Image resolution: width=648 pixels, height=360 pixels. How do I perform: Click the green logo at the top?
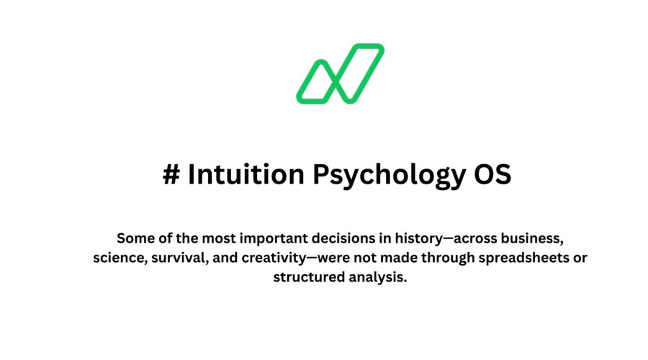tap(340, 73)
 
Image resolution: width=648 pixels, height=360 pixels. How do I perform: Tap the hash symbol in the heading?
tap(171, 175)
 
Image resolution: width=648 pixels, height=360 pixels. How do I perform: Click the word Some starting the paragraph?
tap(133, 238)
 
